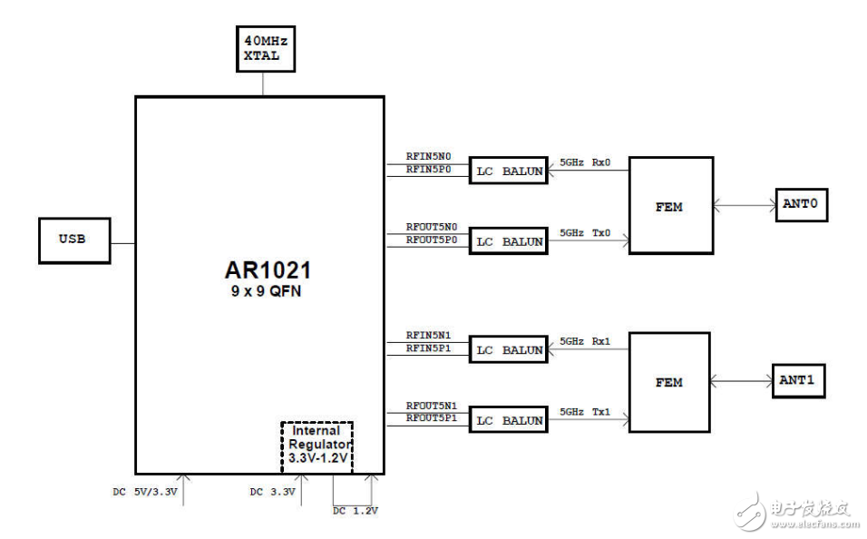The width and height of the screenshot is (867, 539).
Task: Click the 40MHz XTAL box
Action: [262, 48]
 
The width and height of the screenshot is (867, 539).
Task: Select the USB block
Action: [74, 240]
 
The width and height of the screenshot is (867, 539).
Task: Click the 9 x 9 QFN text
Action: [262, 291]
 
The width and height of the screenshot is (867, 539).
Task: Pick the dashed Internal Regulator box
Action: [317, 445]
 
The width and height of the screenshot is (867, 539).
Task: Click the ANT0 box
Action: [801, 205]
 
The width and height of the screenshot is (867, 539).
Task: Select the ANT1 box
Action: [798, 381]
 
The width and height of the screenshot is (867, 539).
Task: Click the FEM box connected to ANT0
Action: [670, 206]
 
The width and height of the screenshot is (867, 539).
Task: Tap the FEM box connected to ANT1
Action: [670, 382]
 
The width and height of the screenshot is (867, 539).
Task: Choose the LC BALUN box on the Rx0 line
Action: [509, 171]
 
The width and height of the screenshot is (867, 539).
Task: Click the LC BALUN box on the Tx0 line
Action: [509, 241]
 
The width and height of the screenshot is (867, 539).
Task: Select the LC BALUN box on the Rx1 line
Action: [509, 349]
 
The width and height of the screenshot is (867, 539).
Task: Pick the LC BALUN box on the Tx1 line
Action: [509, 420]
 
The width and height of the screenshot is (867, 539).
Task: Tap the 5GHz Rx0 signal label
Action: [585, 162]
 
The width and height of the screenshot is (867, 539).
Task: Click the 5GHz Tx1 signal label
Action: [585, 412]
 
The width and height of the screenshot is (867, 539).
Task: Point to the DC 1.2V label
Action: [355, 511]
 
